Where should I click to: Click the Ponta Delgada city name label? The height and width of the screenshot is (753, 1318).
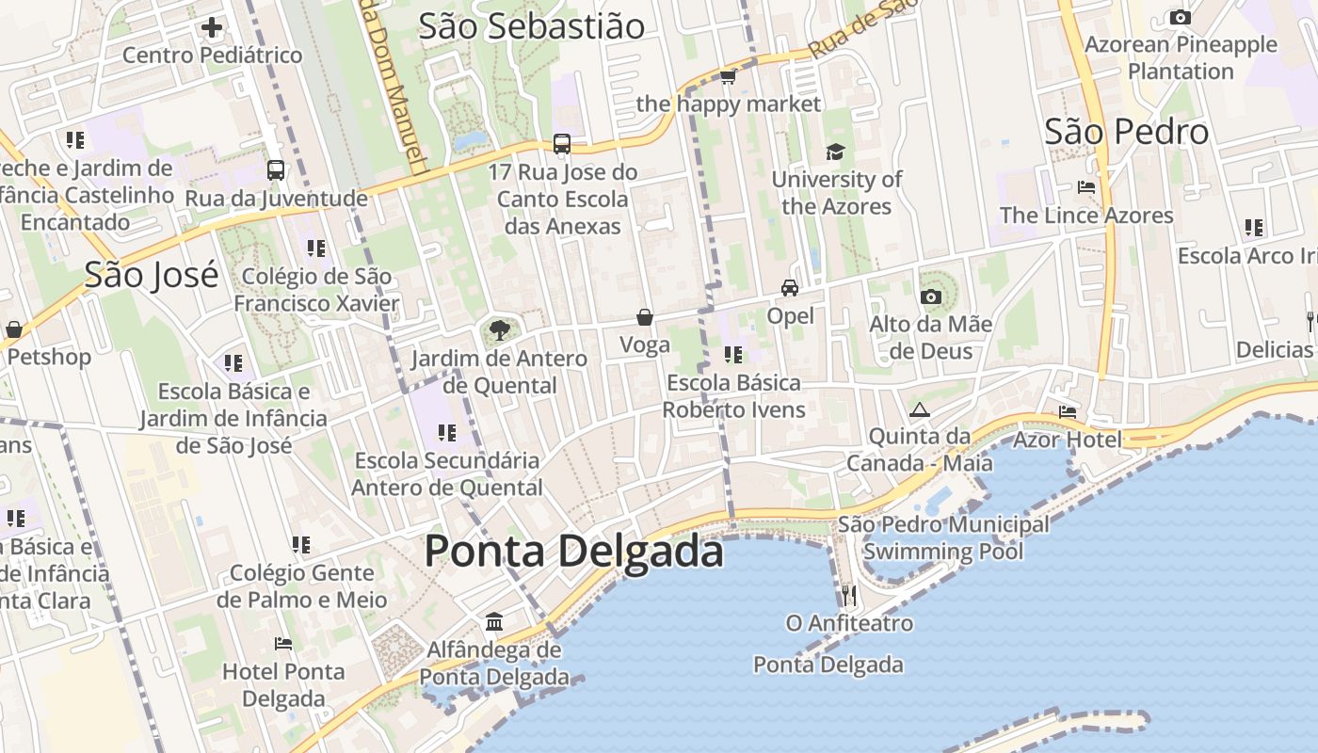[x=573, y=551]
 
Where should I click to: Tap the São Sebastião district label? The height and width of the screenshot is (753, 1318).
[x=531, y=26]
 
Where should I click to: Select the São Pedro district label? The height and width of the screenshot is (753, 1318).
[x=1126, y=132]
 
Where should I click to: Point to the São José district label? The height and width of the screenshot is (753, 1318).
[x=151, y=275]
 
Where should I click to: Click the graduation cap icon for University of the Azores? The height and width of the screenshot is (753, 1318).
[x=835, y=152]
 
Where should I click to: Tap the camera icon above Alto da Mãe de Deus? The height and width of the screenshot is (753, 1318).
[x=931, y=297]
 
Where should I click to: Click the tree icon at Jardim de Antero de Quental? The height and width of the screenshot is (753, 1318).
[x=499, y=330]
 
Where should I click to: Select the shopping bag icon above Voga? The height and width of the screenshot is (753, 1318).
[x=645, y=317]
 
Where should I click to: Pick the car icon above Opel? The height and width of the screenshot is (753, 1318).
[x=790, y=288]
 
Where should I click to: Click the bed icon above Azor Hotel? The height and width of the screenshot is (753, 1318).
[x=1067, y=412]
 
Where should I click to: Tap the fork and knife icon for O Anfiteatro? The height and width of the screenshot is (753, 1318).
[x=848, y=595]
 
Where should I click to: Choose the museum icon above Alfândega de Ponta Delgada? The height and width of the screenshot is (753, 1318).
[x=494, y=622]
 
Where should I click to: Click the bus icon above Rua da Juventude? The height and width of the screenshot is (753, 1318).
[x=276, y=170]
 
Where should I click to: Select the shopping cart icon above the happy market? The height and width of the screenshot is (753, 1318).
[x=728, y=76]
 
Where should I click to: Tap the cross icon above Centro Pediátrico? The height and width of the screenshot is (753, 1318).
[x=212, y=27]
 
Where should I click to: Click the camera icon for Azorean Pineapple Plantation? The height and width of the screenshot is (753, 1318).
[x=1180, y=17]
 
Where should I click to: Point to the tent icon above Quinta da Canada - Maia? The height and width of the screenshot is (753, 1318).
[x=919, y=409]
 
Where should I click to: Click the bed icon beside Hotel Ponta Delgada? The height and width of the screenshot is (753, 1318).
[x=282, y=644]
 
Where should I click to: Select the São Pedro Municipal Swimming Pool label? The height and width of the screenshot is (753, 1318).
[x=943, y=537]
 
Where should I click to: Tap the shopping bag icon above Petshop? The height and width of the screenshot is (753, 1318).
[x=14, y=329]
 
